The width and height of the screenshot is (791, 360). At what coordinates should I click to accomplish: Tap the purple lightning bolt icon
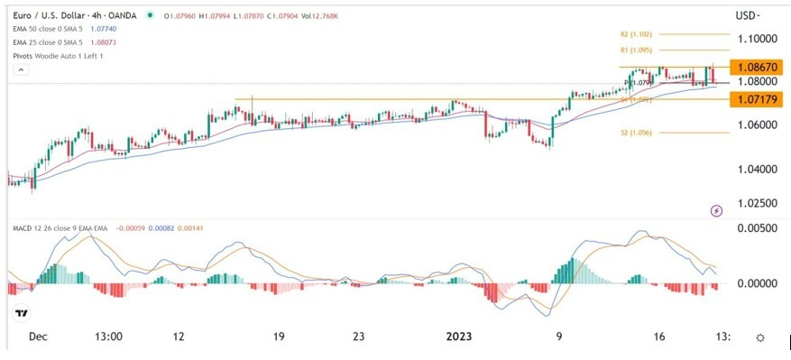pyautogui.click(x=716, y=210)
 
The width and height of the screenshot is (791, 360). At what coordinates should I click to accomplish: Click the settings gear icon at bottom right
pyautogui.click(x=760, y=337)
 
